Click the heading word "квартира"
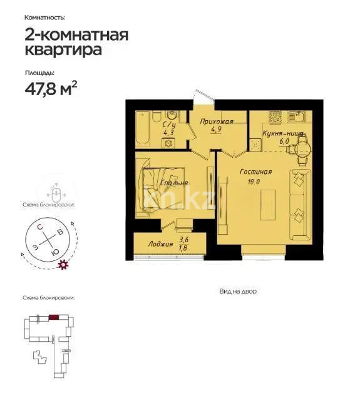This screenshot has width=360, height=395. pyautogui.click(x=62, y=51)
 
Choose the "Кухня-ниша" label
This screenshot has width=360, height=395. pyautogui.click(x=283, y=134)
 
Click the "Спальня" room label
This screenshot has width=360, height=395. pyautogui.click(x=173, y=183)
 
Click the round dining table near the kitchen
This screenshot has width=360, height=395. pyautogui.click(x=301, y=148)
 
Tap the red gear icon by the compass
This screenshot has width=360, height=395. pyautogui.click(x=62, y=265)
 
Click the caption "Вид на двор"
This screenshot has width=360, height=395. pyautogui.click(x=238, y=291)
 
